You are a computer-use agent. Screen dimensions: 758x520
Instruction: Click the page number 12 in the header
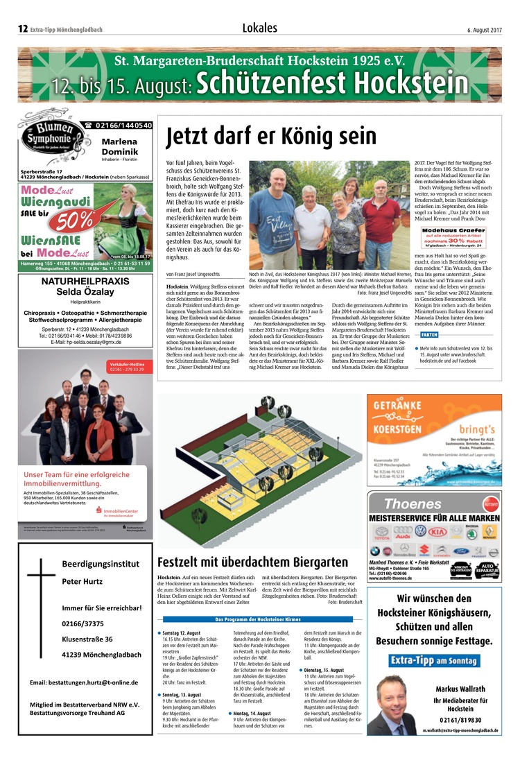tap(22, 29)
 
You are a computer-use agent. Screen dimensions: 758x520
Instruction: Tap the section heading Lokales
tap(260, 28)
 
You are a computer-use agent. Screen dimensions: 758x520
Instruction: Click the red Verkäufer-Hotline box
tap(127, 367)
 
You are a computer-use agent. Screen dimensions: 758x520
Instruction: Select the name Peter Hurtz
tap(83, 581)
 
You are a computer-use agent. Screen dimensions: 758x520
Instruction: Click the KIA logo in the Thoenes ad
tap(437, 532)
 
